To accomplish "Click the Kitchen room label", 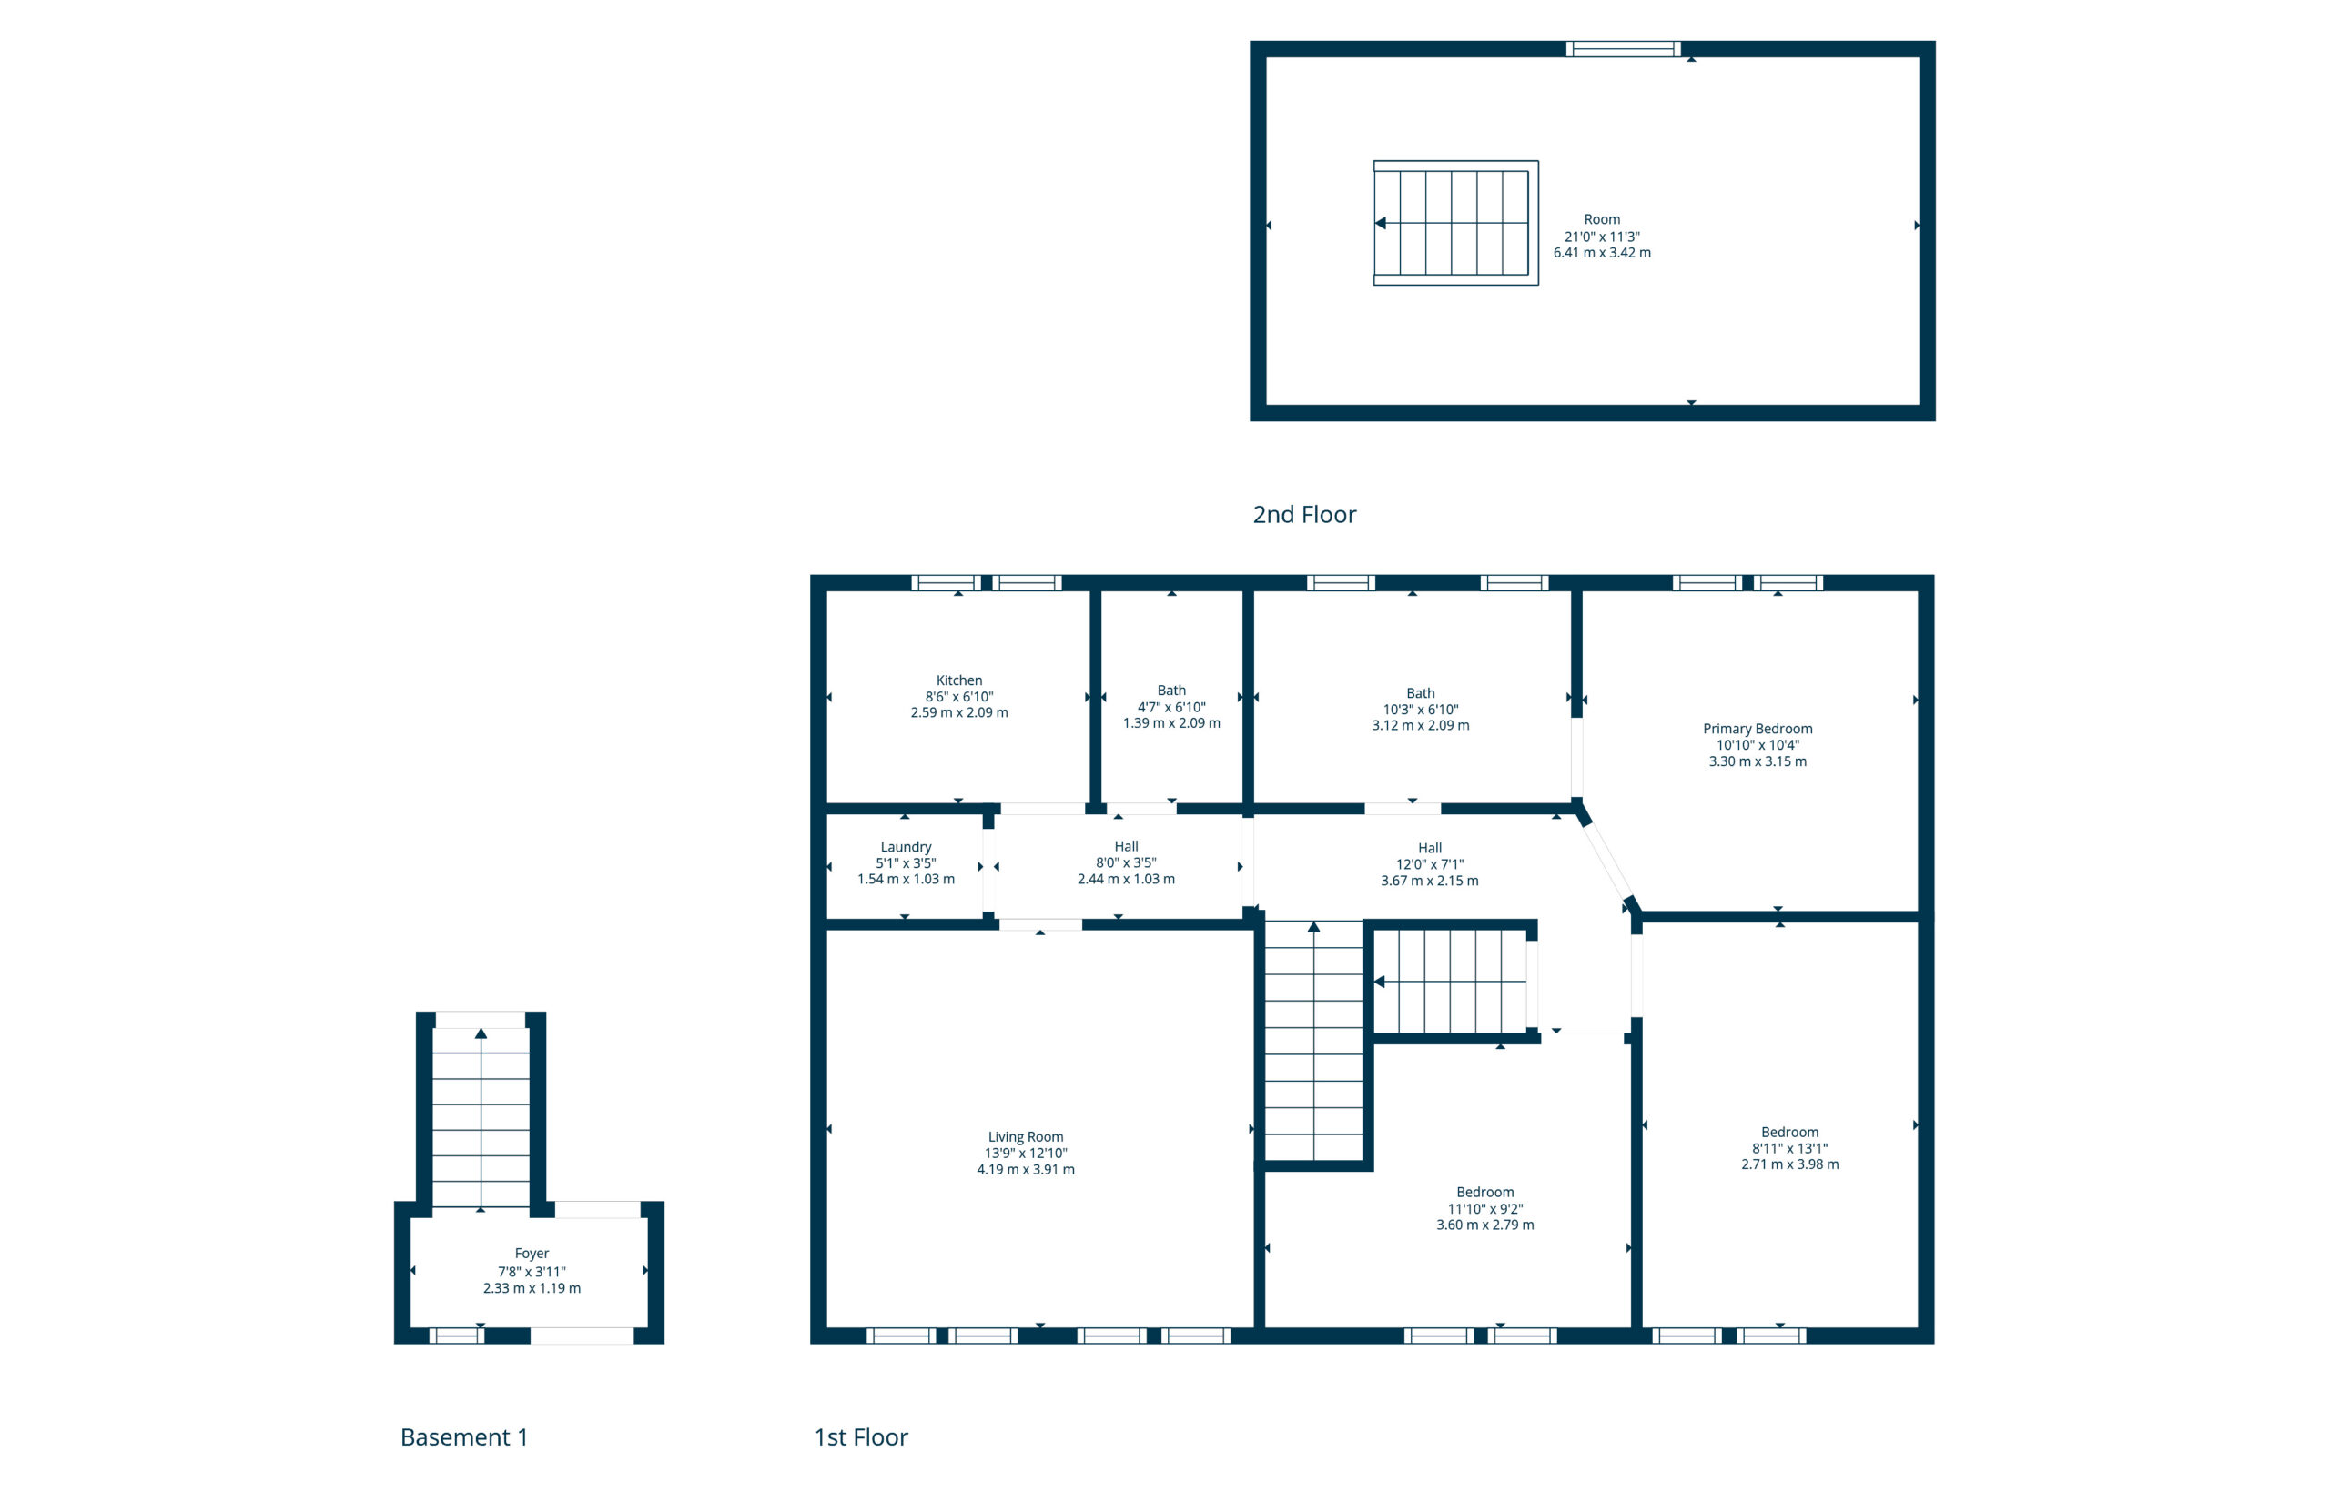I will pyautogui.click(x=958, y=680).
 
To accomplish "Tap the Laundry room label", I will pyautogui.click(x=906, y=847).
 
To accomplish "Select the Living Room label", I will pyautogui.click(x=1025, y=1136).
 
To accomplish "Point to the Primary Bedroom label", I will pyautogui.click(x=1757, y=729).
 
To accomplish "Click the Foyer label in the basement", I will pyautogui.click(x=531, y=1254).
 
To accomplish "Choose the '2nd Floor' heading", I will pyautogui.click(x=1303, y=514).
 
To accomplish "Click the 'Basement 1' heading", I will pyautogui.click(x=463, y=1436).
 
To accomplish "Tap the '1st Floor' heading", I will pyautogui.click(x=861, y=1436).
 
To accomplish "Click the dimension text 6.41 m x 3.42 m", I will pyautogui.click(x=1601, y=253).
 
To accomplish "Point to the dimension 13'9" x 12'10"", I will pyautogui.click(x=1025, y=1153).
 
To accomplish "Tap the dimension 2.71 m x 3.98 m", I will pyautogui.click(x=1789, y=1164).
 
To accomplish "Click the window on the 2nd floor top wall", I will pyautogui.click(x=1623, y=49).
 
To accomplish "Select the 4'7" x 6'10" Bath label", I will pyautogui.click(x=1170, y=691).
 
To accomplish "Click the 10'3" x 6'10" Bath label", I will pyautogui.click(x=1420, y=692).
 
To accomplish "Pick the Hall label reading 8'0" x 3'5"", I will pyautogui.click(x=1126, y=847).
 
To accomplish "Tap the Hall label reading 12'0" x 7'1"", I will pyautogui.click(x=1430, y=849).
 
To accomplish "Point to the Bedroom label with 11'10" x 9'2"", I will pyautogui.click(x=1484, y=1192).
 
